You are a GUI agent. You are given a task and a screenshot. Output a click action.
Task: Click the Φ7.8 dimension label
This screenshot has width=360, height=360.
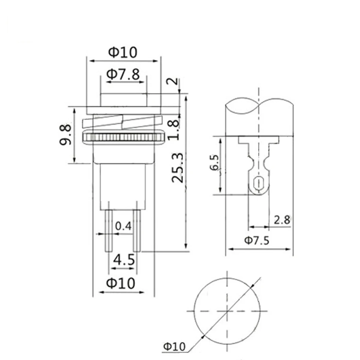coord(123,75)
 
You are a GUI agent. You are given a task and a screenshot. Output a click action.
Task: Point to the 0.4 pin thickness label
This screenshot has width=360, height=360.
coord(123,226)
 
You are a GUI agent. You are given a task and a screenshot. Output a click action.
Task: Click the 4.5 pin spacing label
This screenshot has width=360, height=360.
coord(124,260)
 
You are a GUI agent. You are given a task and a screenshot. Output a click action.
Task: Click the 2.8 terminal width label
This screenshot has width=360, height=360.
coord(282,220)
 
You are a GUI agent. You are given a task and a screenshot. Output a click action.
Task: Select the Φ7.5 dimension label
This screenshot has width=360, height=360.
coord(257,241)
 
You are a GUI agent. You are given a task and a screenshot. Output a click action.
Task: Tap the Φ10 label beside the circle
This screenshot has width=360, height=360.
coord(174,346)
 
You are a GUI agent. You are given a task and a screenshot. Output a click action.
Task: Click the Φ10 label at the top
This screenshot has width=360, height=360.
coord(123,52)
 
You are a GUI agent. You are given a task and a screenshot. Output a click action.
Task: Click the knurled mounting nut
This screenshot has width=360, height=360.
coord(124,138)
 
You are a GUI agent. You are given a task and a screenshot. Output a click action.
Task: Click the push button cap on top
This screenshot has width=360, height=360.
coord(124,100)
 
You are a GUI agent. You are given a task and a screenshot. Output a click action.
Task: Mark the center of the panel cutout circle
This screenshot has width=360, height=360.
coord(227,311)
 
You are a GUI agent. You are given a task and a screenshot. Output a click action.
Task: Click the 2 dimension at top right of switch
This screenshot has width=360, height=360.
coord(173,82)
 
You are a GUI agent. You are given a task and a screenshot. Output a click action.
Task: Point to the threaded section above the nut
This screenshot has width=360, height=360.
coord(124,122)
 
